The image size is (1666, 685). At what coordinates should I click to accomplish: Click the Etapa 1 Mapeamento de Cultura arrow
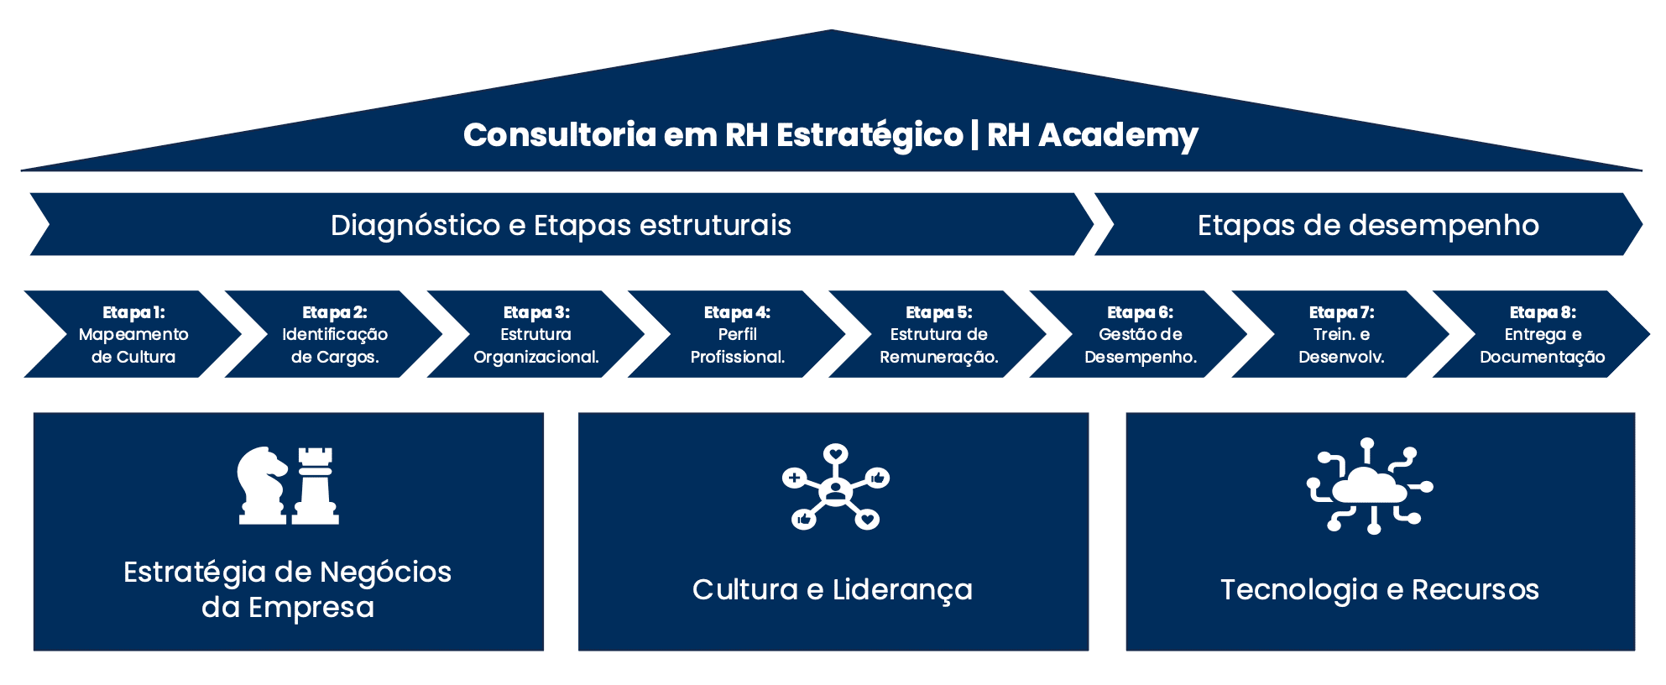(133, 334)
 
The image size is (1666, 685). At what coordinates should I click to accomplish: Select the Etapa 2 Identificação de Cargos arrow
(334, 334)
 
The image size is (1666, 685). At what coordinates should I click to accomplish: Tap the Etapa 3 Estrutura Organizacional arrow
(535, 334)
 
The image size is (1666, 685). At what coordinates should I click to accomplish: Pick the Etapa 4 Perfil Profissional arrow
(737, 334)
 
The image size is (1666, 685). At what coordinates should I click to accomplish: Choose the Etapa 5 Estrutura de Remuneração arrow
(938, 334)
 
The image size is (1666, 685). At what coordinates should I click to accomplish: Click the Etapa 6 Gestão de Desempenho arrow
(1140, 334)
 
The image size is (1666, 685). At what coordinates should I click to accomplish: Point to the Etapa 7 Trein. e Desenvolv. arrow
(1341, 334)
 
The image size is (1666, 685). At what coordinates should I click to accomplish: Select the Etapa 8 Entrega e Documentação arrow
(1543, 334)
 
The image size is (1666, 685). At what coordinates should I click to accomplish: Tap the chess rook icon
(316, 485)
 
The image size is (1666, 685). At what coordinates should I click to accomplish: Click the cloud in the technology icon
(1369, 487)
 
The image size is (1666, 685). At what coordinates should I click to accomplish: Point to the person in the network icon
(835, 489)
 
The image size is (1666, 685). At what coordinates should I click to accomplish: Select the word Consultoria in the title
(559, 135)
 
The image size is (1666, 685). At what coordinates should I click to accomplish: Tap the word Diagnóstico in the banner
(415, 226)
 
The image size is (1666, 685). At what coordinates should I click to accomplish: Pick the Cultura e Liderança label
(832, 590)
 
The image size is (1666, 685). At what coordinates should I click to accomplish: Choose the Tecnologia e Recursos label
(1379, 590)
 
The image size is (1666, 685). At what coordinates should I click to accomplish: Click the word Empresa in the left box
(311, 608)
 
